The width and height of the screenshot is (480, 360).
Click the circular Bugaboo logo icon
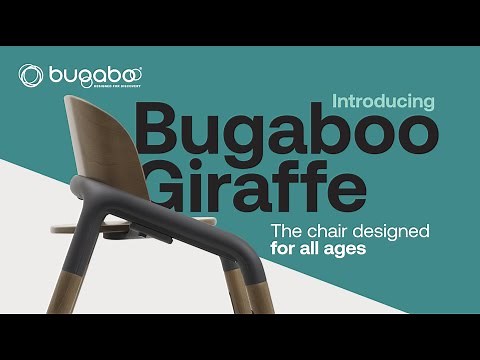31,75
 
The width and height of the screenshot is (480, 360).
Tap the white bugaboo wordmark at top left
94,74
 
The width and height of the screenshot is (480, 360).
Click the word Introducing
383,101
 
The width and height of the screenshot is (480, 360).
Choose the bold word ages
343,249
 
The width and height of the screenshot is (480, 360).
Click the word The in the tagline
286,231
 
